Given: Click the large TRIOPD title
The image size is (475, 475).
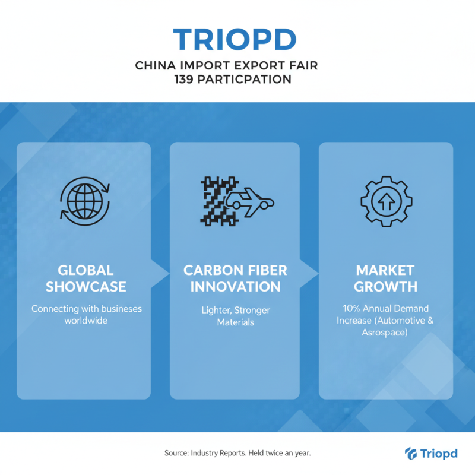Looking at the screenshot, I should (x=235, y=39).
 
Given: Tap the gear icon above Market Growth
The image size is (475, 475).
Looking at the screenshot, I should (x=385, y=201).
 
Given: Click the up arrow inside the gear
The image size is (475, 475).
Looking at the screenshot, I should (x=385, y=202).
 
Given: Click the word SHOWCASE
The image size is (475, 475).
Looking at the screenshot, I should (x=86, y=287).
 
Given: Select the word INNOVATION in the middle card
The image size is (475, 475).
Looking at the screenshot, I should (x=235, y=287).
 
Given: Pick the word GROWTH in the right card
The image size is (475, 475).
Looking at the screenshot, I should (x=385, y=287).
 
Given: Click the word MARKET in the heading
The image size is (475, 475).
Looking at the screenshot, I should (x=385, y=271).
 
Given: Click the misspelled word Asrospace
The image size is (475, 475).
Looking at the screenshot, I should (x=385, y=333).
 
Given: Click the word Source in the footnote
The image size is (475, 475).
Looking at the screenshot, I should (x=176, y=453).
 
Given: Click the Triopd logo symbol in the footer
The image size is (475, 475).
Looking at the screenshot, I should (x=410, y=453).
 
